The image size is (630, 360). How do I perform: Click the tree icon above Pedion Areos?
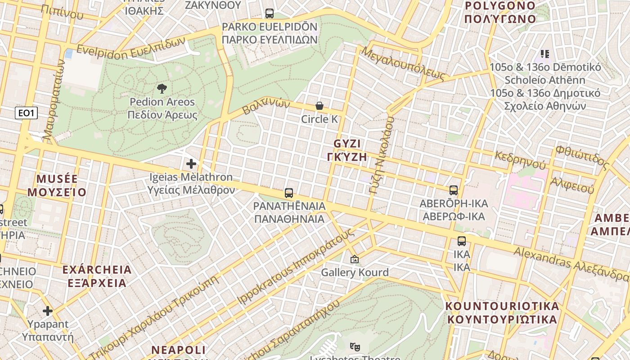tap(162, 88)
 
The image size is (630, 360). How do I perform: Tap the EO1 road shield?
tap(26, 113)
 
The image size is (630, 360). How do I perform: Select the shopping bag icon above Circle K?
tap(319, 106)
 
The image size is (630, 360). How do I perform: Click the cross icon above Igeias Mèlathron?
tap(191, 164)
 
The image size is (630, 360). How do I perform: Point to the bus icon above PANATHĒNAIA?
tap(289, 193)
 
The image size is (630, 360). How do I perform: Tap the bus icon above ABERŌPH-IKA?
tap(453, 190)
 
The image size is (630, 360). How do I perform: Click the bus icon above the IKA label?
tap(461, 241)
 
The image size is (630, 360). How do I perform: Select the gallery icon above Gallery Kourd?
tap(354, 259)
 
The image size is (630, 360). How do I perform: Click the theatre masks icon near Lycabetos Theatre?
tap(355, 346)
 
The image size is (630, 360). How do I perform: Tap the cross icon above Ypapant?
tap(48, 311)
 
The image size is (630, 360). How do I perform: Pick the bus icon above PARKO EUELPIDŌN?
tap(269, 13)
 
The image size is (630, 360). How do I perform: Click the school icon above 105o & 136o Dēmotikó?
tap(545, 54)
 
